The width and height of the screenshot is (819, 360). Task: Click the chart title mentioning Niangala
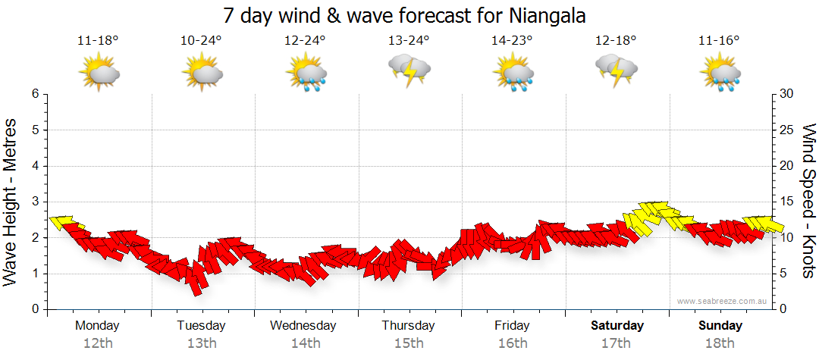coord(405,15)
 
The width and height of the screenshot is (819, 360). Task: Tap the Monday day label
coord(97,326)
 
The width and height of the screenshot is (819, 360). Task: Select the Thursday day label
coord(408,326)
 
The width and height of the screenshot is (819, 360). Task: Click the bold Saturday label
coord(617,326)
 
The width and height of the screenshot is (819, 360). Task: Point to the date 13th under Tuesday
coord(201,343)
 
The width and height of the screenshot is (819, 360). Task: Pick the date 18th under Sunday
coord(720,343)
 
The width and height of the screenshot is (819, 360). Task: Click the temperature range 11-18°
coord(98,41)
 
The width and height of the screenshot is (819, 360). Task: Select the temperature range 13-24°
coord(409,41)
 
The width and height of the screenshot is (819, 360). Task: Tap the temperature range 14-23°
coord(513,41)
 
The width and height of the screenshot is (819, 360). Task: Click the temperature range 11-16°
coord(719,41)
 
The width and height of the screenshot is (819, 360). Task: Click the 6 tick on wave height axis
coord(35,94)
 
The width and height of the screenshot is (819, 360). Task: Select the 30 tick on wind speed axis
coord(787,94)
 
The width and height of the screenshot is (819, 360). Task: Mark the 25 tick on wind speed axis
coord(787,130)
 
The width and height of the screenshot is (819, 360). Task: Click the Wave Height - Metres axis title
coord(11,202)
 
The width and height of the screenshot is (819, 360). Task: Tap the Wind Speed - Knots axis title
coord(808,202)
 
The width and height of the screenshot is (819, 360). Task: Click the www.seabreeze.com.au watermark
coord(723,301)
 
